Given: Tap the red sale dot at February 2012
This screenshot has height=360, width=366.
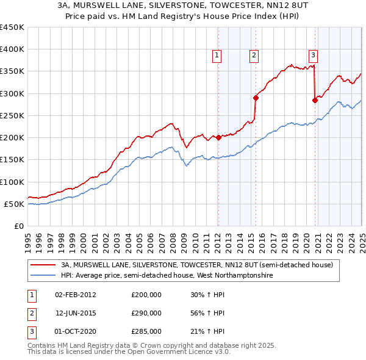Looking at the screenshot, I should (218, 137).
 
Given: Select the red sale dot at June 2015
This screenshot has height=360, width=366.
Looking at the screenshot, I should (256, 97).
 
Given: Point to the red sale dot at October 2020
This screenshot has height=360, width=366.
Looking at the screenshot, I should (315, 101).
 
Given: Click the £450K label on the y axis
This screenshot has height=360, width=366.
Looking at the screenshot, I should (12, 27).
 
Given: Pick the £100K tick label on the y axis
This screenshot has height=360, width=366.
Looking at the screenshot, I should (12, 182).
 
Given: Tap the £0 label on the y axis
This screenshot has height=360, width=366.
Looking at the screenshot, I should (18, 226).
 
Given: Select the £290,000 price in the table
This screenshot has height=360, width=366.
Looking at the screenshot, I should (146, 313).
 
